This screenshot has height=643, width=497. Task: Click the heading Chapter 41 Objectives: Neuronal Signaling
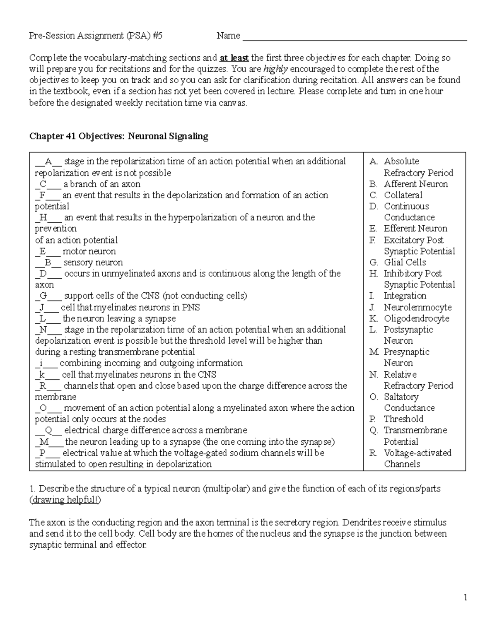(x=118, y=136)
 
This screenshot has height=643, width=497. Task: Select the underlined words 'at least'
(x=234, y=58)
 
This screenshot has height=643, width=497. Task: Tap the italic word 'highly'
(x=275, y=69)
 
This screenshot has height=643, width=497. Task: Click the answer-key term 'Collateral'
(x=403, y=195)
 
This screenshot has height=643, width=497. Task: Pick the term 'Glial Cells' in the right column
(x=405, y=262)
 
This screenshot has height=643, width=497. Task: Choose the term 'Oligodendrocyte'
(x=416, y=318)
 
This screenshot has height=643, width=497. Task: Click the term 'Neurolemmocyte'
(x=417, y=307)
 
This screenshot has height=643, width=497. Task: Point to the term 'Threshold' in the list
(x=403, y=419)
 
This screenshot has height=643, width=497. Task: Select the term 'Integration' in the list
(x=405, y=296)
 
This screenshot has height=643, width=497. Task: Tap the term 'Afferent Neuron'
(x=416, y=184)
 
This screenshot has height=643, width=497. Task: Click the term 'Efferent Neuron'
(x=415, y=229)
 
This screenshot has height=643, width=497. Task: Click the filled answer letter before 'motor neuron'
(x=43, y=251)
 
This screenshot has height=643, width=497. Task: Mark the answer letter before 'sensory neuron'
(x=48, y=262)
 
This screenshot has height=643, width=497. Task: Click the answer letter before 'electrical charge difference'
(x=49, y=430)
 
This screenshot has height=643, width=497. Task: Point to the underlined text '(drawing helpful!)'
(x=65, y=500)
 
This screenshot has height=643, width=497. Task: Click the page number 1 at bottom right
(x=465, y=597)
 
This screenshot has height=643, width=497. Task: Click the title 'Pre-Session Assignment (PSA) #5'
(x=96, y=36)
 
